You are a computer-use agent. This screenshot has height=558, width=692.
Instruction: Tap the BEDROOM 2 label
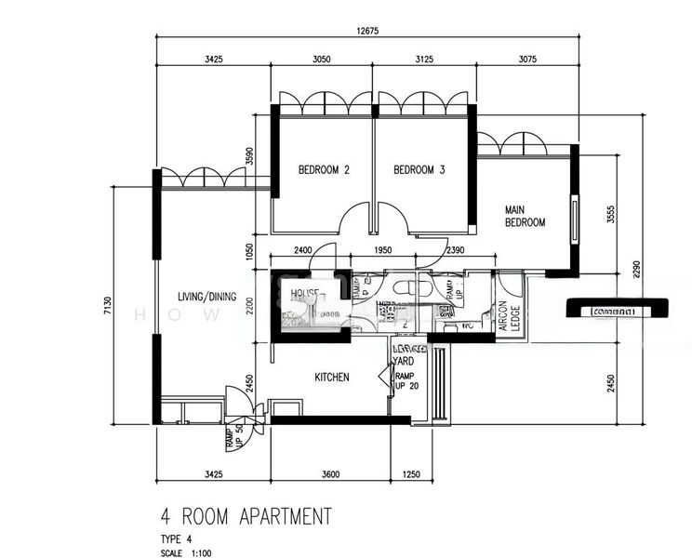(324, 170)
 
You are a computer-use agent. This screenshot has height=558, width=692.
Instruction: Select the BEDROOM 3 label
(419, 170)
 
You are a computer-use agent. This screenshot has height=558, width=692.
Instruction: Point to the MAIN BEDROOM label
(525, 216)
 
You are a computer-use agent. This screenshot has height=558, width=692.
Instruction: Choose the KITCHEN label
(332, 378)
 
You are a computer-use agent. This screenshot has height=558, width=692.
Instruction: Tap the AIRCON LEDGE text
(511, 317)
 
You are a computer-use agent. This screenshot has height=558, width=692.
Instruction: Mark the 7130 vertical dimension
(108, 306)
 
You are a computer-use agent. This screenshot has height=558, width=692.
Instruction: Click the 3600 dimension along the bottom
(330, 475)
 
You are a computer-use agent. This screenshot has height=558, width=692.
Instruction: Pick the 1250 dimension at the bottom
(412, 475)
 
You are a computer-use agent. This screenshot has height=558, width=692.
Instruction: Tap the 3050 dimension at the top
(320, 59)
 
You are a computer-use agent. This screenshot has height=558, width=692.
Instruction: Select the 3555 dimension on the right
(610, 214)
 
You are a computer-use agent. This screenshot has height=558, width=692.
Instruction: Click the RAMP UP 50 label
(230, 436)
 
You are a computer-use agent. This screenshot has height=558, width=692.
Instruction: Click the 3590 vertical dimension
(249, 154)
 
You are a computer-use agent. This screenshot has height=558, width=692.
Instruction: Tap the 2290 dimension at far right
(637, 269)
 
